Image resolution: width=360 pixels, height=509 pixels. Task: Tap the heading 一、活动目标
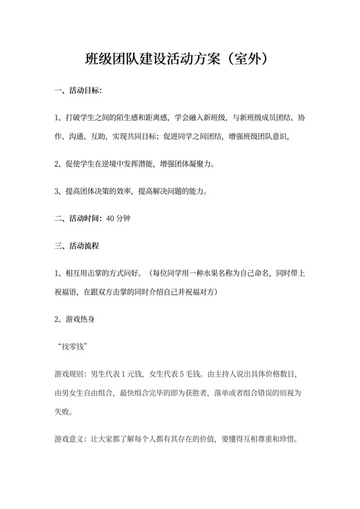[x=78, y=91]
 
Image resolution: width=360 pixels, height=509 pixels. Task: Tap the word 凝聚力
[x=200, y=165]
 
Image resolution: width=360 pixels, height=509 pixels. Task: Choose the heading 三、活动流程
[x=78, y=246]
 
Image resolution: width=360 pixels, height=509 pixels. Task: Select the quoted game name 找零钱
[x=72, y=347]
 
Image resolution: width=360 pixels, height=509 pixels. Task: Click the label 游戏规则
[x=66, y=373]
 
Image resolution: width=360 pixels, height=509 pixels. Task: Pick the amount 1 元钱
[x=123, y=373]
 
